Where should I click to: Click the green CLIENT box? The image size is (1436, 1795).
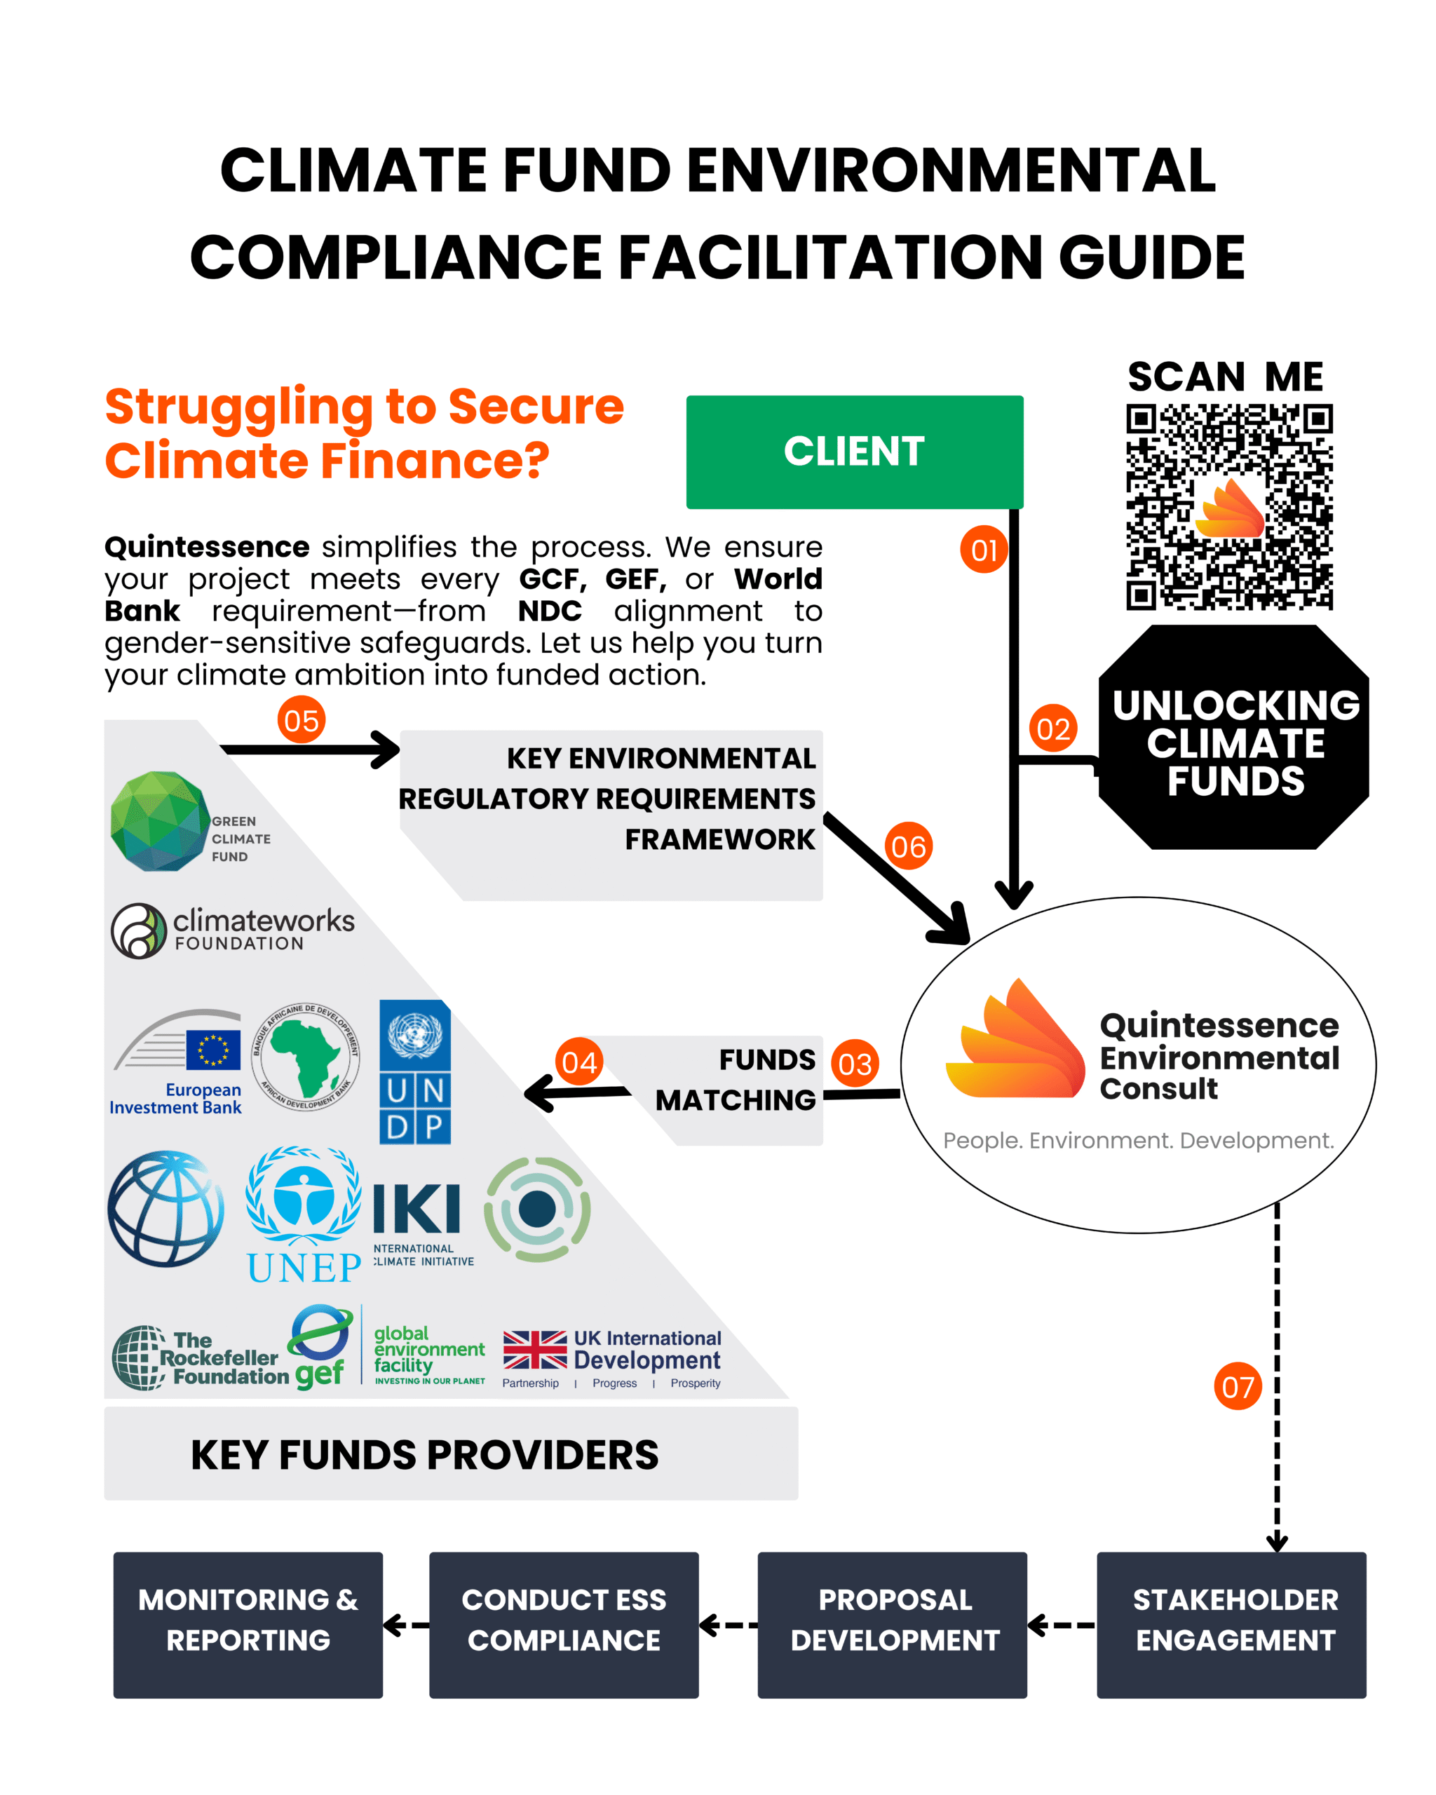[854, 452]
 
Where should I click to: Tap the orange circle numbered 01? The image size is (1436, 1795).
[984, 550]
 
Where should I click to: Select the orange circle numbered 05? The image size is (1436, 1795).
[301, 720]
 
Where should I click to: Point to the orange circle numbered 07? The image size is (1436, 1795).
[1237, 1386]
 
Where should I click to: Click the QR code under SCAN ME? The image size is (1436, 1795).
[1228, 506]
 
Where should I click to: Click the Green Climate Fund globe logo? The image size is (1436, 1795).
[161, 821]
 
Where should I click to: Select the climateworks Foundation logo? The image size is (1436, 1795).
[232, 930]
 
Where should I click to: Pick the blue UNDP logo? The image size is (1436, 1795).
[414, 1072]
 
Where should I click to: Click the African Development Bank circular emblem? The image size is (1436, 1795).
[306, 1057]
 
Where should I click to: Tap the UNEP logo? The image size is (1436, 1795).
[304, 1216]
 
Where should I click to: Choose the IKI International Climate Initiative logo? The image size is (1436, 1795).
[421, 1222]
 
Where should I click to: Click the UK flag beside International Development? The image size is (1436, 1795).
[534, 1350]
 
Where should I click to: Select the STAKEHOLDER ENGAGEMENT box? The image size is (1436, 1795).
[1231, 1625]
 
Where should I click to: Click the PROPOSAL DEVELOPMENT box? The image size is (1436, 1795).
[892, 1625]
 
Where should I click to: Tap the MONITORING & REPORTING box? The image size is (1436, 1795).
[248, 1625]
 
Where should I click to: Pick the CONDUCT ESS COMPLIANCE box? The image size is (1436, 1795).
[564, 1625]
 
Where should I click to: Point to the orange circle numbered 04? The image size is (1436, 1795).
[579, 1062]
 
